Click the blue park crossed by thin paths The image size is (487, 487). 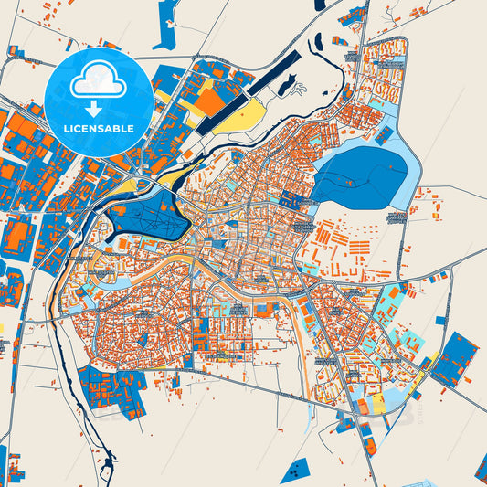tap(146, 214)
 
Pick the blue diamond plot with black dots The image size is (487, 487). tap(297, 471)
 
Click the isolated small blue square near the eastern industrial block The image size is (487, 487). tap(441, 321)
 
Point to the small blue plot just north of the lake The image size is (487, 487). tap(385, 134)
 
